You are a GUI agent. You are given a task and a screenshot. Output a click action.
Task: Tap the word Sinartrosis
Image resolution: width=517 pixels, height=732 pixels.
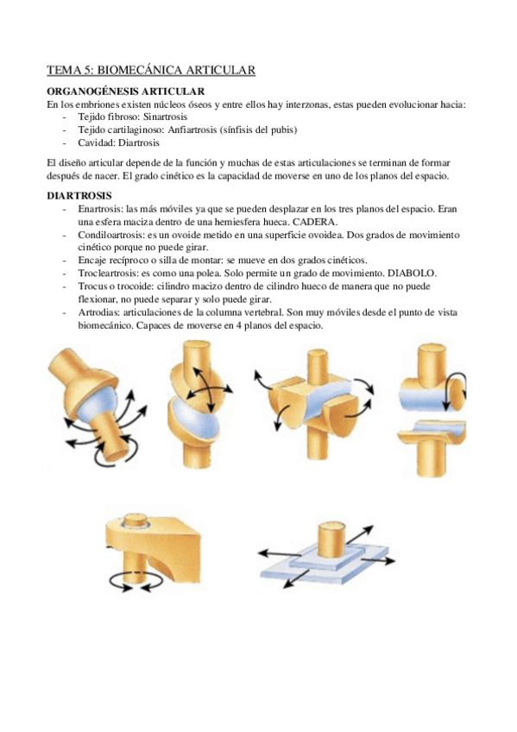pos(165,117)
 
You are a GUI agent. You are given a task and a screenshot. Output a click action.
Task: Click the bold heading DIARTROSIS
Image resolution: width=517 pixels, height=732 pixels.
pos(79,196)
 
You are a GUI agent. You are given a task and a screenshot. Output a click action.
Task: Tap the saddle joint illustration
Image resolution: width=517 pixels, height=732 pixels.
pos(312,402)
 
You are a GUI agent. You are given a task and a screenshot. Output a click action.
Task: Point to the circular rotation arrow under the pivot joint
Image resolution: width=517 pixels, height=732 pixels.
pos(136,581)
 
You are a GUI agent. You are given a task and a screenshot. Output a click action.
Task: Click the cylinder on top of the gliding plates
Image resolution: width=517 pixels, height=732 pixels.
pos(331,540)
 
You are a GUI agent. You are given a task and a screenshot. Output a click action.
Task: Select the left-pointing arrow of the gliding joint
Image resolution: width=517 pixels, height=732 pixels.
pos(279,553)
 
